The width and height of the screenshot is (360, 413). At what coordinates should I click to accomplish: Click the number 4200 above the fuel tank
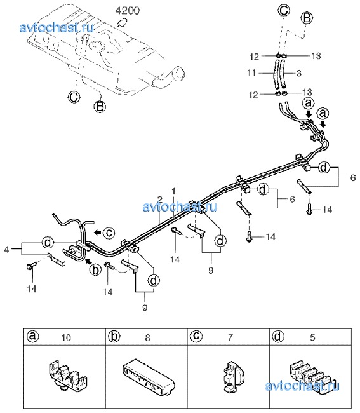(x=128, y=10)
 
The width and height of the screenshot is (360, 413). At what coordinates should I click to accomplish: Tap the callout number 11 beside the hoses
(x=251, y=72)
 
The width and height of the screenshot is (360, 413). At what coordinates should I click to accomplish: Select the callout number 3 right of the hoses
(x=298, y=73)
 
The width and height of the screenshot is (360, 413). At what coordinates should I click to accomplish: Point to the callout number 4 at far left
(x=6, y=249)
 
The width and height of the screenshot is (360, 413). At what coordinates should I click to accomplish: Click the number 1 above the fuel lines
(x=173, y=191)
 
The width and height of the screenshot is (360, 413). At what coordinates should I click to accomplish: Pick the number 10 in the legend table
(x=66, y=337)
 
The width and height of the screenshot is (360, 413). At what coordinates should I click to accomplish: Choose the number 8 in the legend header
(x=148, y=337)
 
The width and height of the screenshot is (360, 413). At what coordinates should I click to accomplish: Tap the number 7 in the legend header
(x=230, y=337)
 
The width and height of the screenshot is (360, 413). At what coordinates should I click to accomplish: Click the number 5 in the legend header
(x=312, y=337)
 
